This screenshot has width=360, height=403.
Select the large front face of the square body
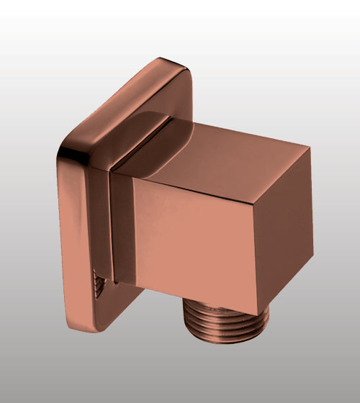194,237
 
